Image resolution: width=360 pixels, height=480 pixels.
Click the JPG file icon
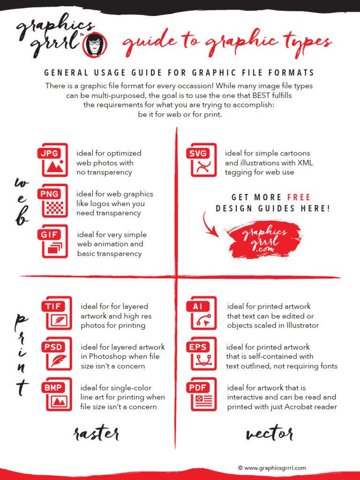pyautogui.click(x=52, y=160)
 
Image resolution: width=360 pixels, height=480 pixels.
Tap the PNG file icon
pyautogui.click(x=52, y=201)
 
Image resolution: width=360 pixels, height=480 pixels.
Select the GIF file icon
pyautogui.click(x=52, y=241)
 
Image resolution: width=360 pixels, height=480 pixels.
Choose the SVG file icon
pyautogui.click(x=202, y=160)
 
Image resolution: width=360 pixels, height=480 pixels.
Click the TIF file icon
pyautogui.click(x=57, y=313)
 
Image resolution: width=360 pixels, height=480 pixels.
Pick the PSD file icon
pyautogui.click(x=57, y=353)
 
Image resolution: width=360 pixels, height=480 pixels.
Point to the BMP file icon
pyautogui.click(x=57, y=394)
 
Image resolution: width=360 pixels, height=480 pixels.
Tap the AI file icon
pyautogui.click(x=202, y=313)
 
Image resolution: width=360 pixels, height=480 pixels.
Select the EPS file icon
pyautogui.click(x=202, y=353)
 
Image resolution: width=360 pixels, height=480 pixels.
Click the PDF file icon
pyautogui.click(x=202, y=394)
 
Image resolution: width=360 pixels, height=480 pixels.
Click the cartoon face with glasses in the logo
pyautogui.click(x=95, y=45)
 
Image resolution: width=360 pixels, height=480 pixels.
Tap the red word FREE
pyautogui.click(x=299, y=197)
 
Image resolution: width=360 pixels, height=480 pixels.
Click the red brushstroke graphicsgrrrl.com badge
pyautogui.click(x=264, y=240)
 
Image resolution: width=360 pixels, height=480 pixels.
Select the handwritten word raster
pyautogui.click(x=96, y=434)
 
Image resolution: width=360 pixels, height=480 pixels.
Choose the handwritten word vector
pyautogui.click(x=270, y=433)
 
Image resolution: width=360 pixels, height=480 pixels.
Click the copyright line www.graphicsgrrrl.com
pyautogui.click(x=272, y=468)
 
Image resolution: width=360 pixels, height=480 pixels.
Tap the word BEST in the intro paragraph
pyautogui.click(x=261, y=95)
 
